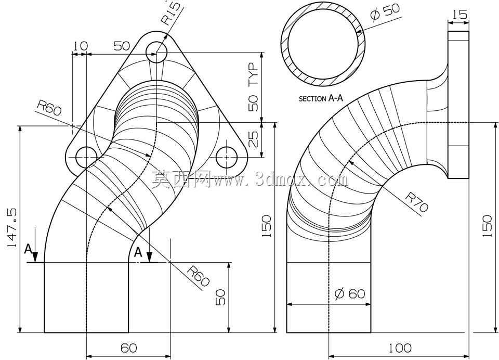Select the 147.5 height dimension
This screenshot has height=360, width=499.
pyautogui.click(x=12, y=228)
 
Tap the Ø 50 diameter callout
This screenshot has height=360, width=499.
pyautogui.click(x=385, y=12)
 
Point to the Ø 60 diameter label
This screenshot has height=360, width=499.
pyautogui.click(x=350, y=293)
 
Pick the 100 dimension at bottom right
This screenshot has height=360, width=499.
pyautogui.click(x=400, y=348)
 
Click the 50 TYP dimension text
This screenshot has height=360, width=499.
pyautogui.click(x=254, y=87)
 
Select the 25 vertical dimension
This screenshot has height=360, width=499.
pyautogui.click(x=253, y=139)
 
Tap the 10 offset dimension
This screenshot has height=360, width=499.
pyautogui.click(x=80, y=46)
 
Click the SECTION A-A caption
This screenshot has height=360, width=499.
pyautogui.click(x=321, y=99)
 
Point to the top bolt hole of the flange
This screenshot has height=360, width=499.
pyautogui.click(x=156, y=53)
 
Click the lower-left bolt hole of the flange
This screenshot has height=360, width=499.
pyautogui.click(x=86, y=158)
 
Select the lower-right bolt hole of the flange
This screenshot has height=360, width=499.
pyautogui.click(x=227, y=158)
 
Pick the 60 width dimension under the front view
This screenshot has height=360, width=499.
pyautogui.click(x=129, y=348)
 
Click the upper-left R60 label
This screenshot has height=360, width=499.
pyautogui.click(x=49, y=108)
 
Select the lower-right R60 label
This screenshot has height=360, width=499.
pyautogui.click(x=198, y=276)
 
